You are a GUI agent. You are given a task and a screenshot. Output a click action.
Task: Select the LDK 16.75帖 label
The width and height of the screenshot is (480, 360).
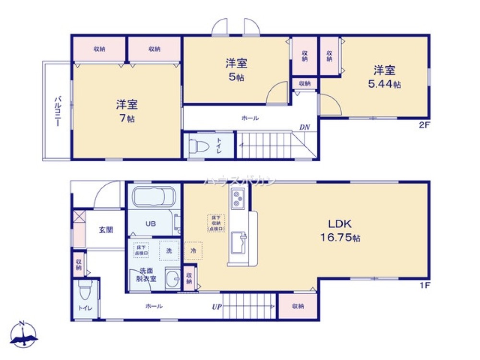(341, 230)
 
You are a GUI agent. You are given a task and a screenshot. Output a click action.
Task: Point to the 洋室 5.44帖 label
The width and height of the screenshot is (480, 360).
(384, 77)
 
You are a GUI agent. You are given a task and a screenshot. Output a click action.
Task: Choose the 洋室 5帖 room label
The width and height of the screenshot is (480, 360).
(236, 70)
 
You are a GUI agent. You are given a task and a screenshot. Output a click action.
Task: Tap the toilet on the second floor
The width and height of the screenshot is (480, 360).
(198, 145)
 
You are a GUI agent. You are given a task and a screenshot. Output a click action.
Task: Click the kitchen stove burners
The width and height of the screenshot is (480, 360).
(238, 198)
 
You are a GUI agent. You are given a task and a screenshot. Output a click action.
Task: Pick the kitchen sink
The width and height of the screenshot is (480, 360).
(238, 243)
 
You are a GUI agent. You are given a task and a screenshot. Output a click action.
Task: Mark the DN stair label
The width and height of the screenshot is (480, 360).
(304, 127)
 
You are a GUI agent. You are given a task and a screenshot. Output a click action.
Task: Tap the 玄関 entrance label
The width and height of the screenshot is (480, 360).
(106, 230)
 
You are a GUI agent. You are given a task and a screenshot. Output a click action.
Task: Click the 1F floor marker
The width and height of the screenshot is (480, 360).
(424, 285)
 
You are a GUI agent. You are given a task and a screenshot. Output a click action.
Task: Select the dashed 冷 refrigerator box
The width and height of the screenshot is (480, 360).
(193, 251)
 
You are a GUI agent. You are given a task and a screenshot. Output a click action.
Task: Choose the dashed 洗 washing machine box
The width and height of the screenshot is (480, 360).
(169, 250)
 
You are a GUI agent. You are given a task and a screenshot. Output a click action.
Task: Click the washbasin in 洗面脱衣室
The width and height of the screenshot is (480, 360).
(171, 277)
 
